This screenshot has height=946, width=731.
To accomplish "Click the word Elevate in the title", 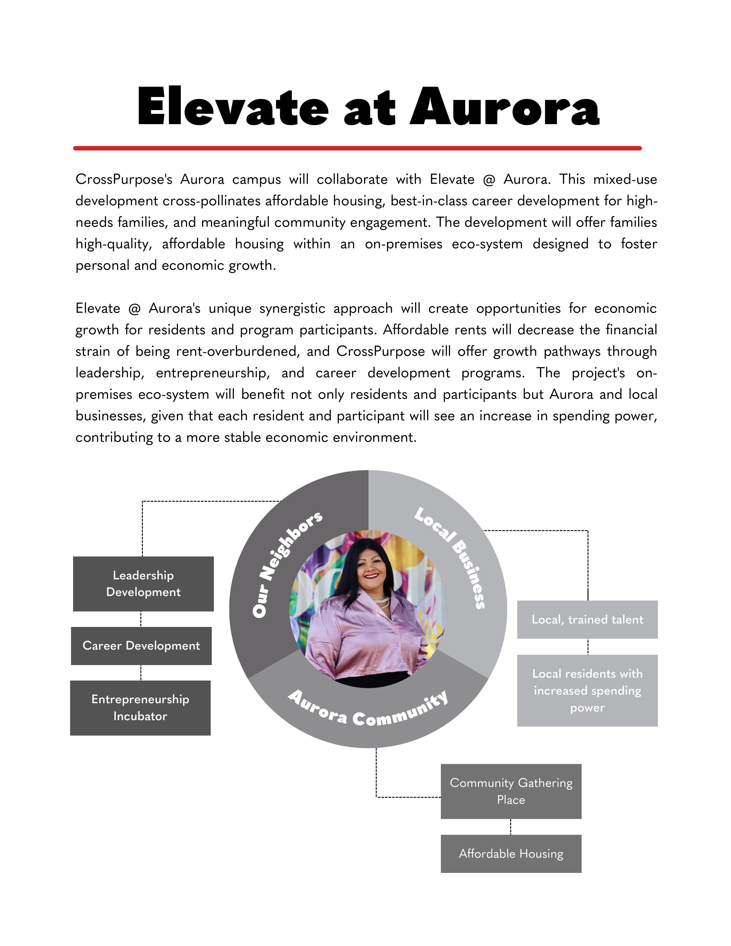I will pyautogui.click(x=232, y=107).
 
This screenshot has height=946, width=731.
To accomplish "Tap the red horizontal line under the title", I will pyautogui.click(x=357, y=148).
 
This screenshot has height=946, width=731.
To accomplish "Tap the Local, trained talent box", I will pyautogui.click(x=587, y=619).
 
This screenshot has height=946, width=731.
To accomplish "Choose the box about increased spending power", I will pyautogui.click(x=587, y=691).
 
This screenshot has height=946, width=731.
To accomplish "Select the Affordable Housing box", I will pyautogui.click(x=511, y=853).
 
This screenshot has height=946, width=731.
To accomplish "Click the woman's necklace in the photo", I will pyautogui.click(x=381, y=601).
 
